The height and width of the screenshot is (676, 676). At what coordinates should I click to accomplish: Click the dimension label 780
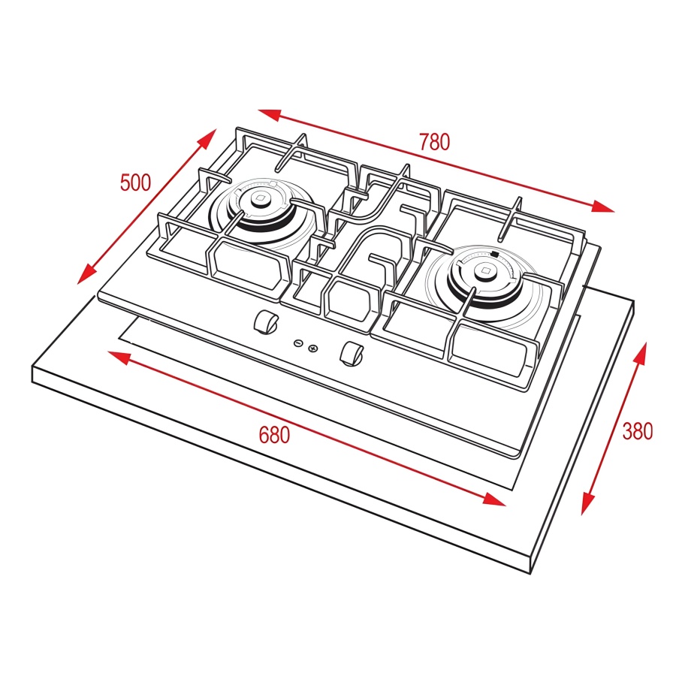(435, 142)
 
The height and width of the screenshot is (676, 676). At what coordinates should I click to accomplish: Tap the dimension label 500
(135, 183)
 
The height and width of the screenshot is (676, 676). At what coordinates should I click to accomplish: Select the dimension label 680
(274, 435)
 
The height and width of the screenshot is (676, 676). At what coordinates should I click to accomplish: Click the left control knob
(266, 322)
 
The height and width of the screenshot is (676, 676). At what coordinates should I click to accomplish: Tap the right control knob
(352, 354)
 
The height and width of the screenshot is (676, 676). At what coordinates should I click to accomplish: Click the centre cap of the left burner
(259, 198)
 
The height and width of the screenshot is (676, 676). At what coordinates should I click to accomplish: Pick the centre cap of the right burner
(486, 271)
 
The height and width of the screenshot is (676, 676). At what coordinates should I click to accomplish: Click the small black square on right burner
(495, 255)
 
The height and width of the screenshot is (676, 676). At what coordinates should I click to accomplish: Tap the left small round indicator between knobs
(298, 343)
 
